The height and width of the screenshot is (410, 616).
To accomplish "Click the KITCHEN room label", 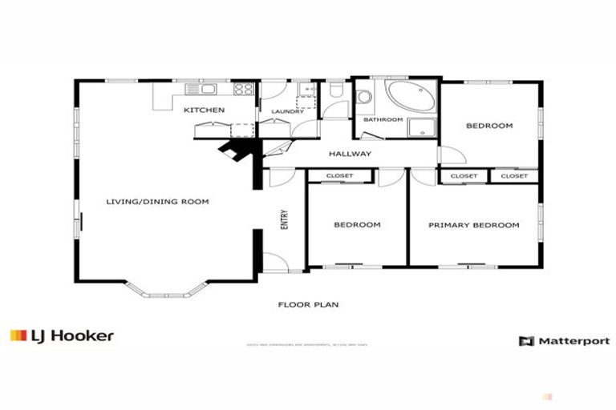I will click(x=204, y=110).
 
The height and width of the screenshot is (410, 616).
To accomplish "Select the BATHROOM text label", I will click(x=383, y=119).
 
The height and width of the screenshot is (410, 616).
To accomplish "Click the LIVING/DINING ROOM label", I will click(x=157, y=202).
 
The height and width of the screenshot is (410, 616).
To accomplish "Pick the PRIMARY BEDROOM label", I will click(x=473, y=225).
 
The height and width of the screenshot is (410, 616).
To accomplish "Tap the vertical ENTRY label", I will click(x=284, y=220).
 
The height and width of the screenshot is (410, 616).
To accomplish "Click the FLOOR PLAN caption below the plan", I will click(x=308, y=304).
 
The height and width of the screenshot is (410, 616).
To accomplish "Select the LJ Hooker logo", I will click(x=62, y=336).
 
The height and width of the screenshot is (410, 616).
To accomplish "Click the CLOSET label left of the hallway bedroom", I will click(x=340, y=175).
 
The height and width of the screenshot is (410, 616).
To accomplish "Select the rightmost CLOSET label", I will click(x=514, y=175).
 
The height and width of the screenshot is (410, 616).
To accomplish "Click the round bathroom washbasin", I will click(x=365, y=97).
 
